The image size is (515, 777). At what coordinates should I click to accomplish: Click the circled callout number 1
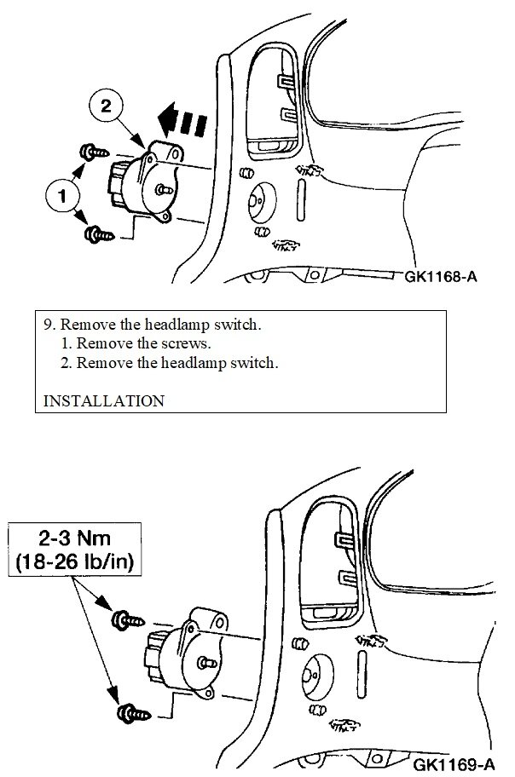pos(61,196)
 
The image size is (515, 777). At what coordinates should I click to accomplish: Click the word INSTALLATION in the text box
pos(103,400)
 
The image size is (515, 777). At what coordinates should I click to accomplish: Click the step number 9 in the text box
pos(48,325)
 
